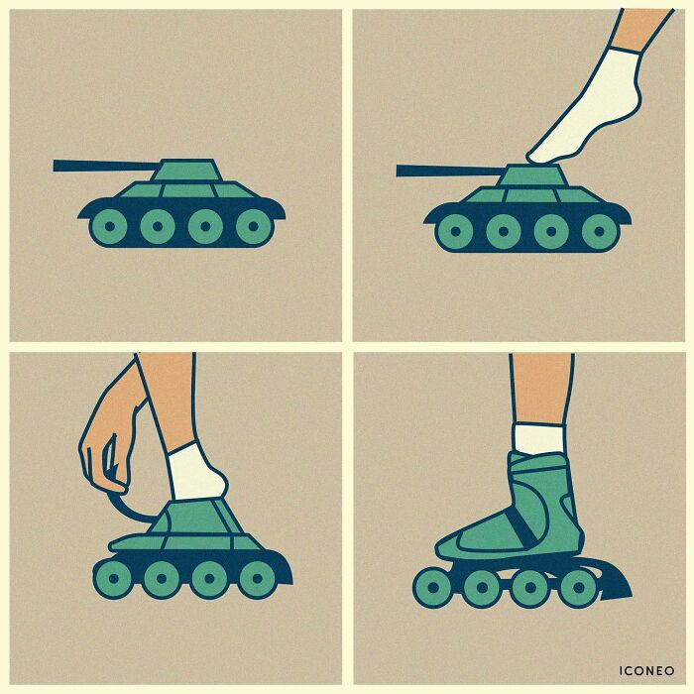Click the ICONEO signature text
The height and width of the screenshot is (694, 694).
pos(646,671)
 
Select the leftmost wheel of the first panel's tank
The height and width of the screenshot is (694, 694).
pos(109,227)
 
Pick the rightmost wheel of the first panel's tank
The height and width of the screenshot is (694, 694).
pos(254,227)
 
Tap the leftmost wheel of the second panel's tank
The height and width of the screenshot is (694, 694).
pos(454,231)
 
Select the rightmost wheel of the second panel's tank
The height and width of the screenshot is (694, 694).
pos(599,231)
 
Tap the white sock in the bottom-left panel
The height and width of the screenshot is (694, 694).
pos(195,474)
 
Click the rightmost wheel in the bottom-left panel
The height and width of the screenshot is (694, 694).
pos(257,578)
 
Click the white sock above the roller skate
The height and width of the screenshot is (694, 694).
pos(539,438)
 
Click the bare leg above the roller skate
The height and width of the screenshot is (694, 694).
pos(541,387)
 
